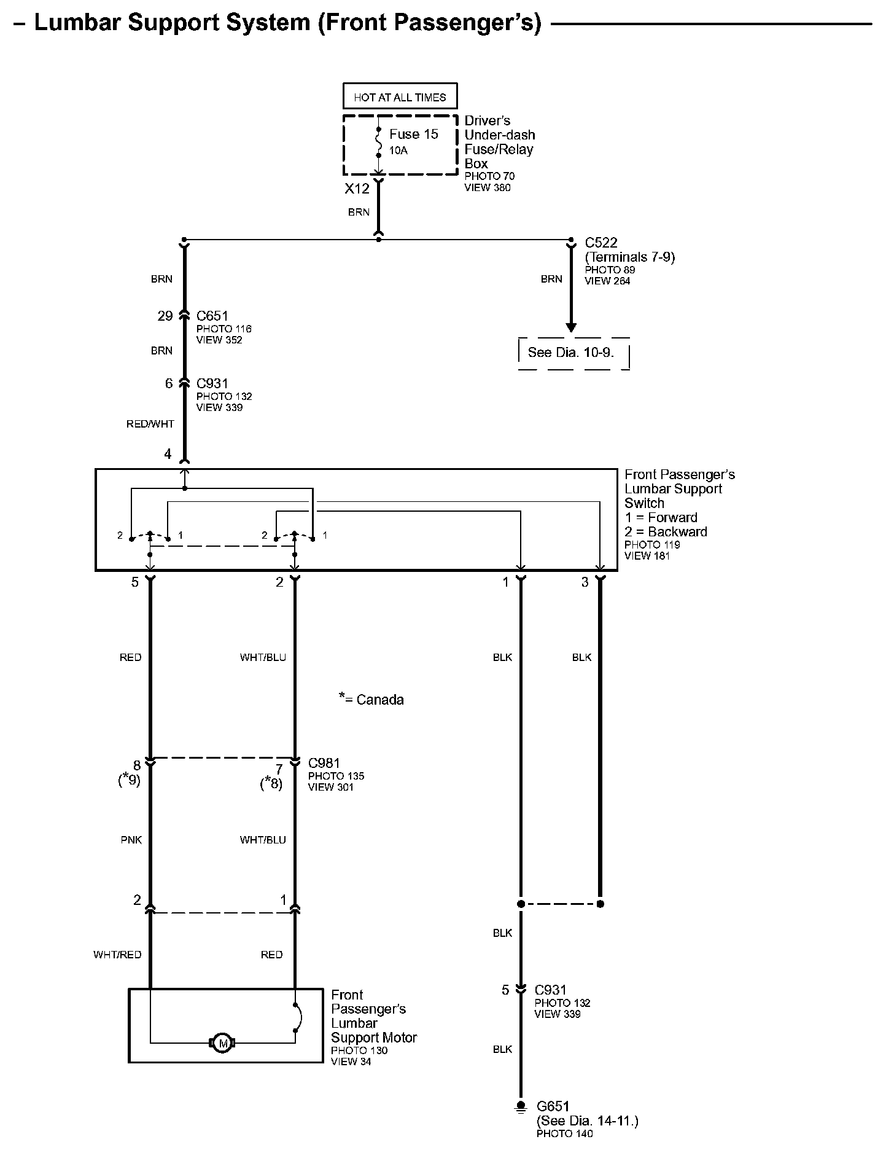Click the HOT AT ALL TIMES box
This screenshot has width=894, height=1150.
(400, 97)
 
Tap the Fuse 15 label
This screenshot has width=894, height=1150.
(413, 135)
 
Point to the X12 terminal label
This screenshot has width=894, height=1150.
(357, 189)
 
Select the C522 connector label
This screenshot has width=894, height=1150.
(601, 243)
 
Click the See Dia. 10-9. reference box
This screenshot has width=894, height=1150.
(571, 353)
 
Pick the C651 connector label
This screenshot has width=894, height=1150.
(212, 316)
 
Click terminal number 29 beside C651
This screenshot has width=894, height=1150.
(165, 316)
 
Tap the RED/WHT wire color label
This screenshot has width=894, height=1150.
(150, 424)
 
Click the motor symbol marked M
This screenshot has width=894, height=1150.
(222, 1043)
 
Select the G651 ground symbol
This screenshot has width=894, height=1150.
(521, 1107)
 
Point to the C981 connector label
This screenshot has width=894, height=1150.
(324, 764)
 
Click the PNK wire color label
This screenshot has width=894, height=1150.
(131, 840)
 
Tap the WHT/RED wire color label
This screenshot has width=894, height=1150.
(117, 955)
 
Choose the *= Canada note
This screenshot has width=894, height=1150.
(371, 700)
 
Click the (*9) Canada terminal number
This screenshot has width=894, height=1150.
(130, 781)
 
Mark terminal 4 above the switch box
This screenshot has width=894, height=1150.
(168, 455)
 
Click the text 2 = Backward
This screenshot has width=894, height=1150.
(666, 532)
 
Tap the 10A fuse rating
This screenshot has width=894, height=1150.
(398, 151)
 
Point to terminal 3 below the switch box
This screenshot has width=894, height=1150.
(585, 582)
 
